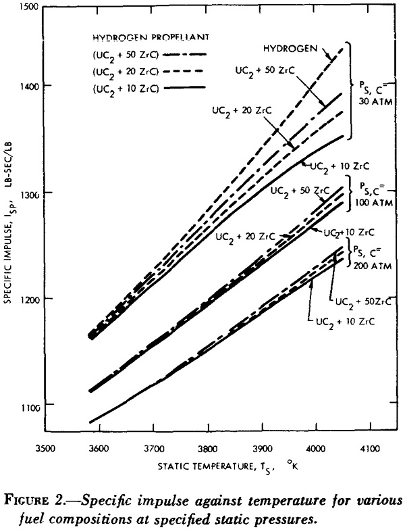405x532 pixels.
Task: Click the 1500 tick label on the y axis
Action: tap(31, 7)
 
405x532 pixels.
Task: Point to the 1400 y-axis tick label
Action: tap(31, 85)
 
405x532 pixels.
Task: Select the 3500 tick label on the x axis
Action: tap(45, 449)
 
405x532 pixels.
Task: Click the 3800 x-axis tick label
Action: tap(208, 449)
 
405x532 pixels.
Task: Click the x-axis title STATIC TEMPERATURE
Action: tap(206, 466)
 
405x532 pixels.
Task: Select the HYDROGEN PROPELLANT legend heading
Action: tap(151, 37)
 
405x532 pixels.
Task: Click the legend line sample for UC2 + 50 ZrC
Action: tap(185, 54)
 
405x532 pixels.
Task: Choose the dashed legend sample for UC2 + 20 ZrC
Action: tap(183, 71)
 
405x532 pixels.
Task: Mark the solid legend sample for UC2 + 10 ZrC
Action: tap(184, 87)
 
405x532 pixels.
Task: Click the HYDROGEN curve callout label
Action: tap(291, 49)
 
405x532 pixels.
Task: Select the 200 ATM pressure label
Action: tap(373, 266)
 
